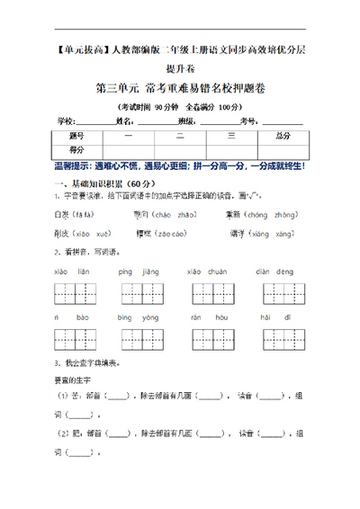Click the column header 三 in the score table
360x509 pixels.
pyautogui.click(x=231, y=136)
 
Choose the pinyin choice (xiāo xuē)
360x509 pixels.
pyautogui.click(x=82, y=234)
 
